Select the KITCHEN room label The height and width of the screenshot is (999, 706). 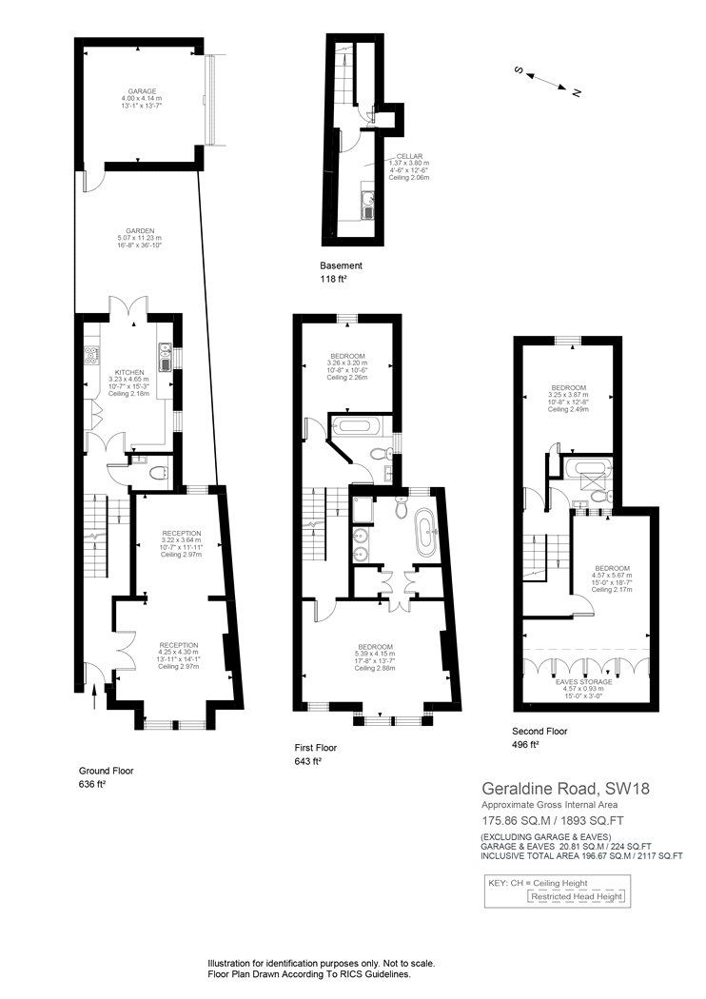(129, 372)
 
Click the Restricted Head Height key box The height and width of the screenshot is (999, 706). (578, 897)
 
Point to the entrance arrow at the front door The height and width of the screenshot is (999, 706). (93, 702)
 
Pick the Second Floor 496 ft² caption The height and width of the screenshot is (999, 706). (539, 737)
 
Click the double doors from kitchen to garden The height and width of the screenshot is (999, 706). (127, 310)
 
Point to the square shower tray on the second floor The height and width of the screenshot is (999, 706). (597, 494)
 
